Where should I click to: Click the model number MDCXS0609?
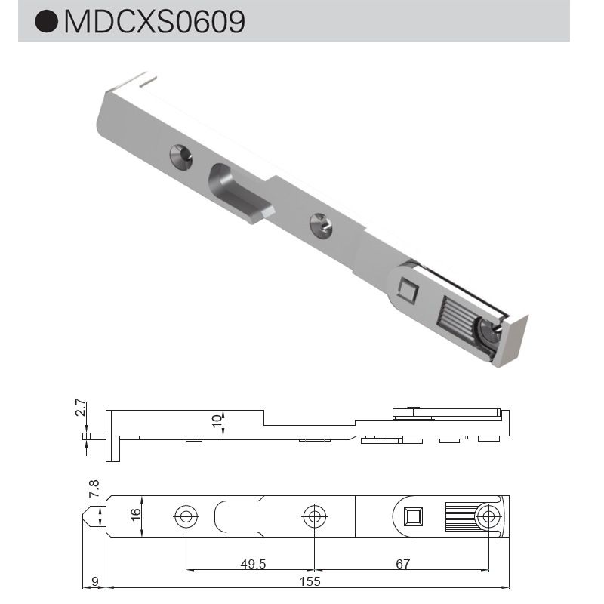(155, 22)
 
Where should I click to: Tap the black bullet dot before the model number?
(48, 22)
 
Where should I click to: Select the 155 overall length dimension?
(310, 581)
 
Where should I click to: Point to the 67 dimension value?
(402, 563)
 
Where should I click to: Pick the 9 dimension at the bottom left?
(94, 581)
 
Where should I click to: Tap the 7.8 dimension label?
(94, 489)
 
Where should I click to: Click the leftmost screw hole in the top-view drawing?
(185, 517)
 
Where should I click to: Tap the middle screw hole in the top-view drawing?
(314, 517)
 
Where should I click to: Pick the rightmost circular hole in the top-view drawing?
(488, 517)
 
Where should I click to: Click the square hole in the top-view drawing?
(412, 517)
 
